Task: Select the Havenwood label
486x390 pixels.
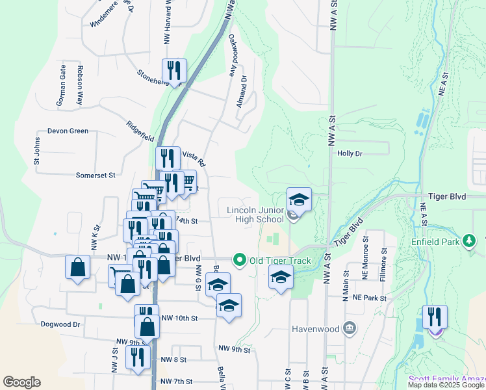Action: [318, 328]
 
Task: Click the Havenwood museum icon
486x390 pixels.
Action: [350, 328]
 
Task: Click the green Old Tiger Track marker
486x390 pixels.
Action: [239, 261]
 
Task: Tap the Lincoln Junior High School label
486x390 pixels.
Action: [255, 214]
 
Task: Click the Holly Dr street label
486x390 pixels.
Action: [350, 153]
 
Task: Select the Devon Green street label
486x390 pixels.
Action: [68, 131]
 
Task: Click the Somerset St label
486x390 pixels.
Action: [95, 175]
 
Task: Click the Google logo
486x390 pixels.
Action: [21, 382]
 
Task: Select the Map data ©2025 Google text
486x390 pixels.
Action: [446, 385]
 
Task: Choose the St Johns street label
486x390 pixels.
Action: [37, 153]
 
